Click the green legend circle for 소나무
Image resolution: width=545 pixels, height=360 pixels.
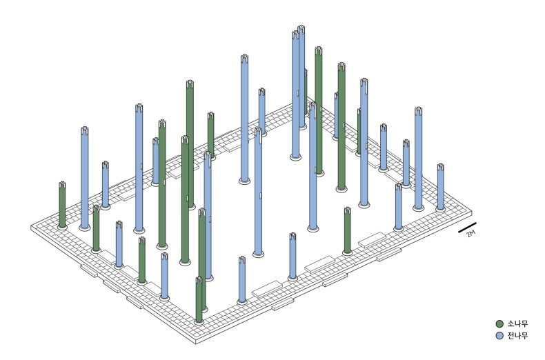(x=499, y=324)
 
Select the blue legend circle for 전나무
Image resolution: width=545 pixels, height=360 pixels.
(x=499, y=336)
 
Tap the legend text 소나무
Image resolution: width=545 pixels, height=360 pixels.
(x=517, y=324)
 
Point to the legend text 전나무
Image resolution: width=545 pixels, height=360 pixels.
(x=517, y=336)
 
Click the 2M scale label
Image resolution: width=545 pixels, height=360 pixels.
(x=470, y=234)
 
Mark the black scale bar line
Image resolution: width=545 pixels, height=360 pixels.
(x=467, y=228)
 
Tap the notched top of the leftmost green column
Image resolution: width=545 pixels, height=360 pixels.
(x=62, y=185)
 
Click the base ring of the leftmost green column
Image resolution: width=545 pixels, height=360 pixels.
(x=62, y=227)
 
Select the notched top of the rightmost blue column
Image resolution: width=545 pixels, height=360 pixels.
(x=441, y=167)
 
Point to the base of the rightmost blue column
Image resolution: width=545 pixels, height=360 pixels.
(x=440, y=209)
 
